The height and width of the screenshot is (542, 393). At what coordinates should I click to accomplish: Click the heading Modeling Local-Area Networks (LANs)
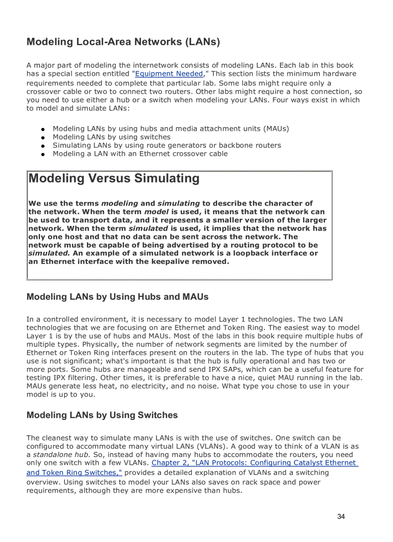tap(123, 42)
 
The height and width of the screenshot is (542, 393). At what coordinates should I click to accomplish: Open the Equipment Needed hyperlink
tap(169, 74)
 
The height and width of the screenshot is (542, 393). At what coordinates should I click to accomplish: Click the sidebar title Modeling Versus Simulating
tap(114, 179)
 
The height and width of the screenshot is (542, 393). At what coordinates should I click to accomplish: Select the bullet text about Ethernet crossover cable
tap(140, 154)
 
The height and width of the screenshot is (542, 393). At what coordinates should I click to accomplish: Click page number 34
tap(341, 516)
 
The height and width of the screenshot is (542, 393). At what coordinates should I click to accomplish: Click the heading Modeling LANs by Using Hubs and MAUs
tap(118, 297)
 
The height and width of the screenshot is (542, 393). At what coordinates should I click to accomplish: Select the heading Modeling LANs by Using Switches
tap(102, 415)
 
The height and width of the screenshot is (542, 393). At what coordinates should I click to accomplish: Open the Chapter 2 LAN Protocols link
tap(254, 463)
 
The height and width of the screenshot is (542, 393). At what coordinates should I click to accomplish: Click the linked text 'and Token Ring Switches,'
tap(74, 473)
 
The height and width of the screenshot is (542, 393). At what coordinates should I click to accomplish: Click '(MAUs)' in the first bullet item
tap(276, 129)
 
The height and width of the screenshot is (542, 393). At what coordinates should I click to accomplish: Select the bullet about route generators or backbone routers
tap(167, 145)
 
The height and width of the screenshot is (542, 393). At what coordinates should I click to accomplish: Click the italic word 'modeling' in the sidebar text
tap(120, 203)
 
